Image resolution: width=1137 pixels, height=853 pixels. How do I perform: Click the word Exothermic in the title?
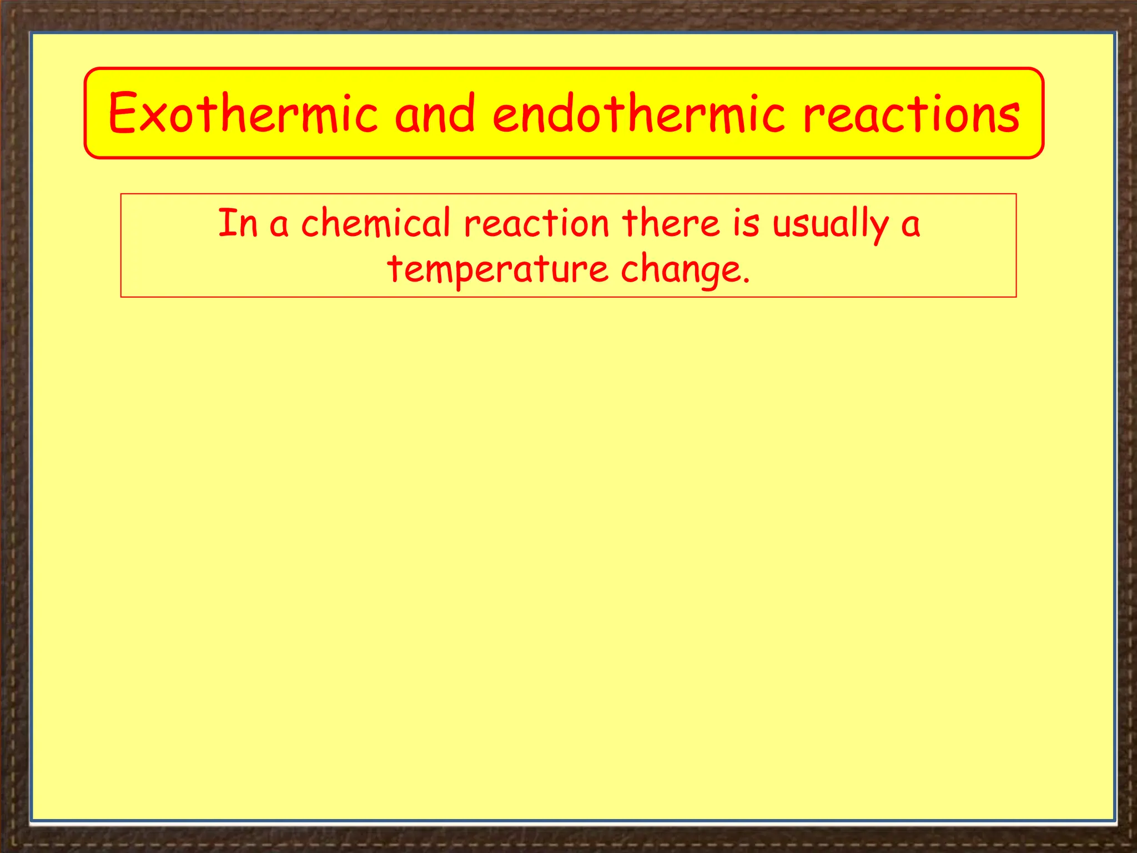click(243, 114)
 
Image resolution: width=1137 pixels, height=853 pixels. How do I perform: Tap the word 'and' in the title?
click(435, 114)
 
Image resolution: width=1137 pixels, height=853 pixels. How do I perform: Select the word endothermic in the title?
click(639, 114)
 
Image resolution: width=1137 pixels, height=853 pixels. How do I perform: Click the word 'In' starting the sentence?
click(238, 223)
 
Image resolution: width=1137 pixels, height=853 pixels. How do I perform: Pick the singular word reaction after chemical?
click(537, 223)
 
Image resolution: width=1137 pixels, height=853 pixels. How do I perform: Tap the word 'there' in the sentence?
click(671, 223)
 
